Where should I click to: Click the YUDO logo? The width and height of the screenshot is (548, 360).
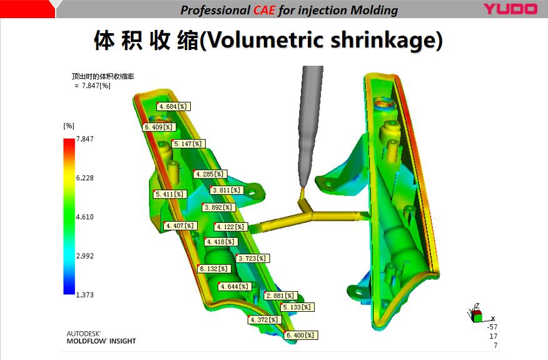coord(510,9)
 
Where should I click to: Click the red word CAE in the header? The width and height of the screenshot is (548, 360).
coord(264,10)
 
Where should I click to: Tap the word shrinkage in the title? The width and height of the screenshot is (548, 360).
coord(383,40)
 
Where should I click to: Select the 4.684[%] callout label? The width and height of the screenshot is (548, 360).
coord(173,106)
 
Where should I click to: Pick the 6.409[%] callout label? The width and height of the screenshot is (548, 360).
coord(159,127)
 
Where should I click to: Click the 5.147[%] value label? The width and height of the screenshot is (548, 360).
coord(188,143)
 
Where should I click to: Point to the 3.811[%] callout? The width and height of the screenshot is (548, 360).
coord(226,190)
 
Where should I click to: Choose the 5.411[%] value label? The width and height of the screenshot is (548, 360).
coord(170,194)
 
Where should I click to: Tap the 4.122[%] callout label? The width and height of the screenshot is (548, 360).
coord(231,227)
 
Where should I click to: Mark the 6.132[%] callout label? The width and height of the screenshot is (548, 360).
coord(214,269)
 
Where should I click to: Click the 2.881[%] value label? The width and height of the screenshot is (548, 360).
coord(280,296)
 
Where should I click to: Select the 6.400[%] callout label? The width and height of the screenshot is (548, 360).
coord(300,335)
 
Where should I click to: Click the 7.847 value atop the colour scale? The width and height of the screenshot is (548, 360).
coord(85,139)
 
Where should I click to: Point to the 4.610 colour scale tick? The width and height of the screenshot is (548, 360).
coord(85,217)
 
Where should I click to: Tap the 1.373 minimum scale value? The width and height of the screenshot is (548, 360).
coord(85,295)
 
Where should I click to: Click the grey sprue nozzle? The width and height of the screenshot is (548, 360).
coord(309,123)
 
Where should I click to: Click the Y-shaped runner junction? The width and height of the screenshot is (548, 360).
coord(308,209)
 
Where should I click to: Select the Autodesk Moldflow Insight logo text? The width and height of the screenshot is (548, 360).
coord(101,337)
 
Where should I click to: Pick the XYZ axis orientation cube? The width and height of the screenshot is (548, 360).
coord(476,315)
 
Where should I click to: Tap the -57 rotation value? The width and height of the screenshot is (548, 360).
coord(492,327)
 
